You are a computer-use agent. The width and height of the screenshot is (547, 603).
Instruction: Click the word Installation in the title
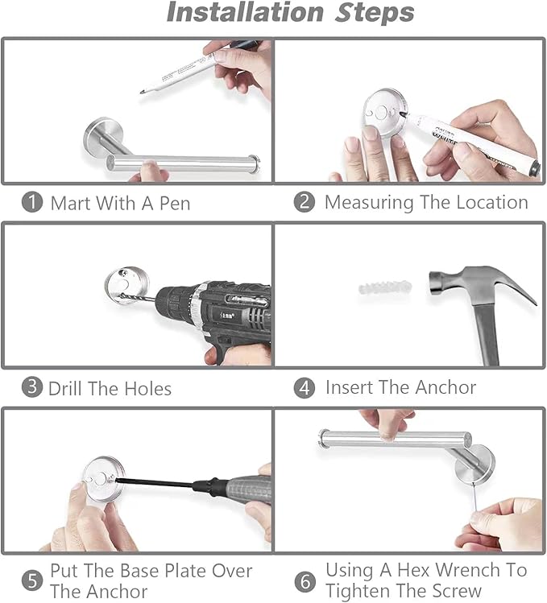tap(245, 12)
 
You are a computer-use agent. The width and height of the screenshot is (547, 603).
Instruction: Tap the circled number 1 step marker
tap(32, 202)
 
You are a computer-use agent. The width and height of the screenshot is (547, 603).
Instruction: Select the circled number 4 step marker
tap(304, 388)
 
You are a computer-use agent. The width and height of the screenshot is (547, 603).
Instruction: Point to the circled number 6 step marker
tap(305, 581)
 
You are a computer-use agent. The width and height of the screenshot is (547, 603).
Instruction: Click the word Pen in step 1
tap(175, 203)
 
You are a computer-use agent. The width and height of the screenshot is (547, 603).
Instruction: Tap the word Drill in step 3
tap(65, 388)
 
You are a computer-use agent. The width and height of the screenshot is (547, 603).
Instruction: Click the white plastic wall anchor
tap(385, 287)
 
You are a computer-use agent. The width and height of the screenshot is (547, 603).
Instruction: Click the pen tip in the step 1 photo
tap(142, 92)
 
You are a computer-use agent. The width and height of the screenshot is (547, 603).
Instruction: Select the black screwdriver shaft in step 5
tap(154, 482)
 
